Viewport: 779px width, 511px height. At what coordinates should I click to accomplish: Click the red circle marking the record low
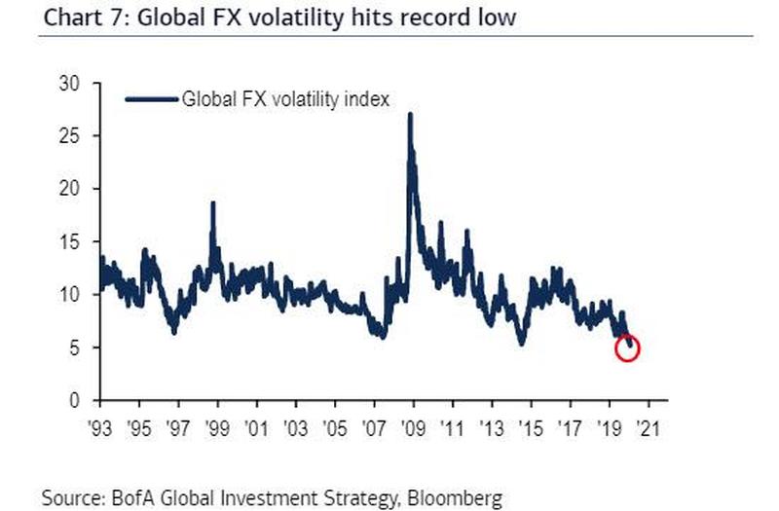point(628,348)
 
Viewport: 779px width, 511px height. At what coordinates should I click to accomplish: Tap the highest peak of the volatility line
point(410,116)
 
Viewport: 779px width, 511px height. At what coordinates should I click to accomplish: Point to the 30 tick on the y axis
point(67,84)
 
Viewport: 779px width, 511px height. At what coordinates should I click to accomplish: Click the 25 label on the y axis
point(67,136)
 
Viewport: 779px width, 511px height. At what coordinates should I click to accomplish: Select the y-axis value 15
point(67,241)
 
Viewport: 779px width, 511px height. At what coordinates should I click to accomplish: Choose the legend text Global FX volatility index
point(285,98)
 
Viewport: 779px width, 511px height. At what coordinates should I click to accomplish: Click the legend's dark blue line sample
point(152,98)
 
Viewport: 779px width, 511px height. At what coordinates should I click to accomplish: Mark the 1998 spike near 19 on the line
point(213,203)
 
